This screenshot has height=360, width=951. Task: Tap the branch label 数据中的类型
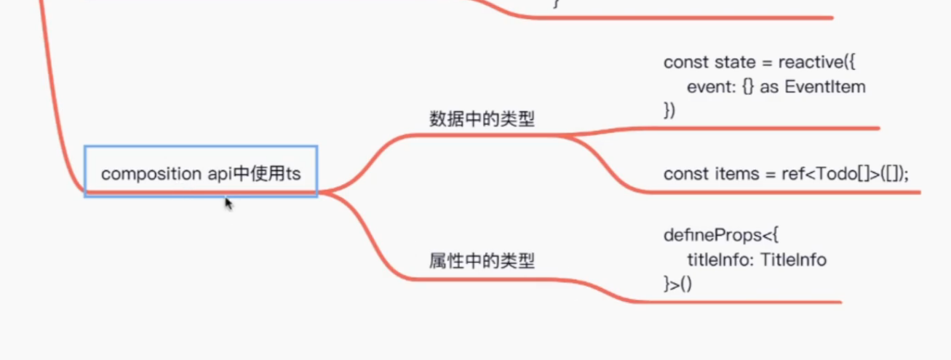pos(482,119)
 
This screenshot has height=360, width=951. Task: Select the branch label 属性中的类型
pos(482,260)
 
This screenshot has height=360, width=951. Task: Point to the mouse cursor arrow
pos(228,203)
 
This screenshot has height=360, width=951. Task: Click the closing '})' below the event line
pos(669,111)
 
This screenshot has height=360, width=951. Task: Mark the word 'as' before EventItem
pos(770,87)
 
